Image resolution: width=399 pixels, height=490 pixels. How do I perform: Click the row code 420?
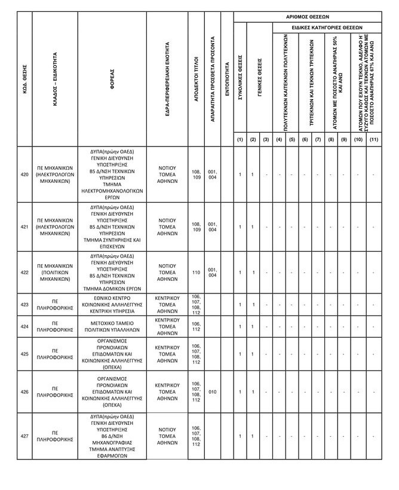click(24, 174)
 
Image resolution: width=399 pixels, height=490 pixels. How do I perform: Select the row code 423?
click(24, 305)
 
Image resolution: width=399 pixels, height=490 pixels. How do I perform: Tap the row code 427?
click(24, 436)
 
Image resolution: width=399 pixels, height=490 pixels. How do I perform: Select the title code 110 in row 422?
click(196, 272)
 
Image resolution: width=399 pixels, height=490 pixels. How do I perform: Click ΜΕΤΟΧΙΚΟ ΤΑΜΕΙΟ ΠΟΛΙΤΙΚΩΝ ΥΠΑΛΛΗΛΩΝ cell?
click(112, 326)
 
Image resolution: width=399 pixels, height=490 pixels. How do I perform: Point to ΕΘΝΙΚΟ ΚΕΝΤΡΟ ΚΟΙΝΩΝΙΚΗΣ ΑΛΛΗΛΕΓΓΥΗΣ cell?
click(112, 305)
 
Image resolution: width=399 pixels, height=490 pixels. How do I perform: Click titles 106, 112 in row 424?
click(196, 326)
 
